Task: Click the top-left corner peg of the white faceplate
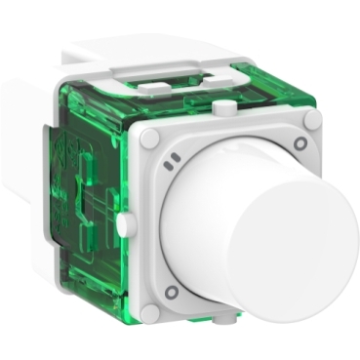point(148,140)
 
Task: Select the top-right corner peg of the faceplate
point(312,120)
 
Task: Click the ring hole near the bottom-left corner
point(171,292)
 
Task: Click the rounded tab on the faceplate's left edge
point(124,224)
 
